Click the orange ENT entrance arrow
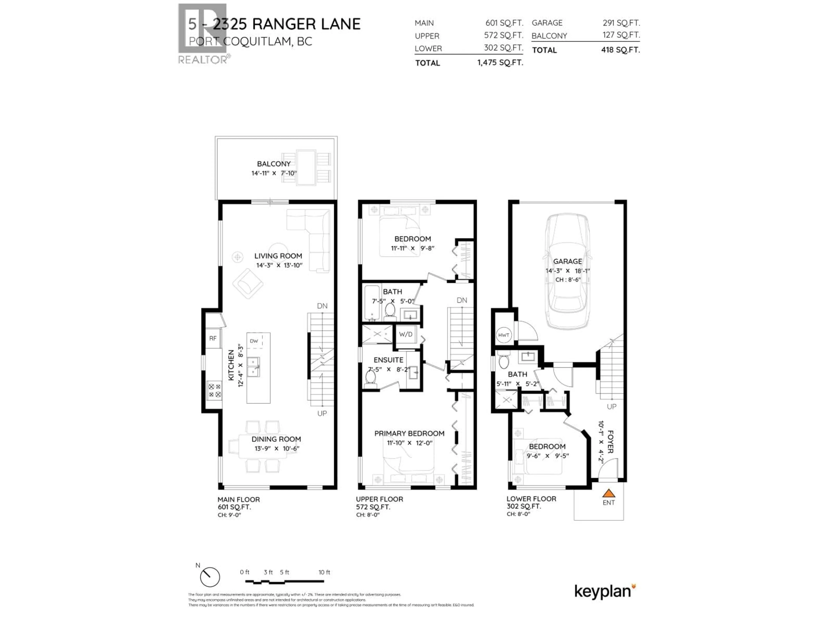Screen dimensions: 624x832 pos(609,493)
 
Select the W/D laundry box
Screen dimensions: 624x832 pos(405,334)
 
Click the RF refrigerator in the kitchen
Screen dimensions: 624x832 pos(213,338)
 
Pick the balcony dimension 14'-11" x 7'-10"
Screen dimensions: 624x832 pos(274,173)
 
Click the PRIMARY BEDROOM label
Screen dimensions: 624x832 pos(409,433)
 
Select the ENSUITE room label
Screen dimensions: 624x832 pos(388,360)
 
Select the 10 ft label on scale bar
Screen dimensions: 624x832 pos(324,572)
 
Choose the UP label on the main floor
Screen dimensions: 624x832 pos(322,413)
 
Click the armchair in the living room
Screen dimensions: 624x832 pos(247,283)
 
